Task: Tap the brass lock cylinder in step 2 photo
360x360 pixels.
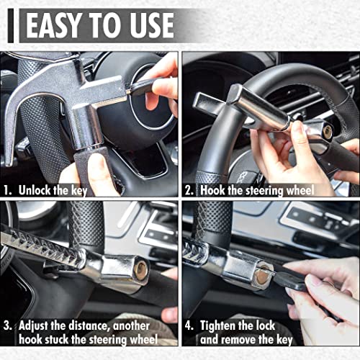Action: click(x=326, y=131)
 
